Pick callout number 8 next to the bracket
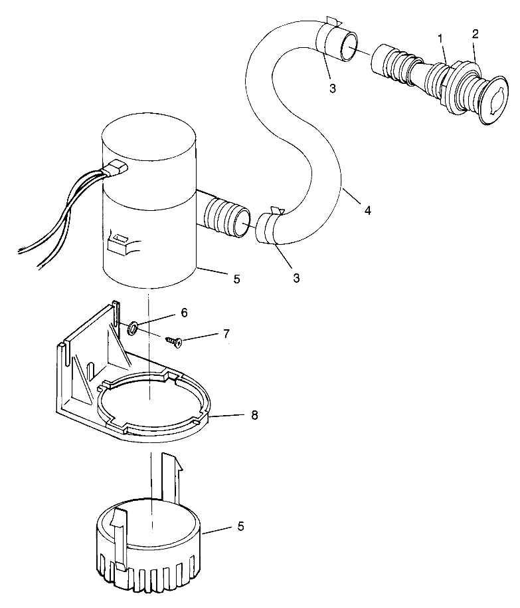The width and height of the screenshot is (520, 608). pos(254,415)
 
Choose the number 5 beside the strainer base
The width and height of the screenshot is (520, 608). pos(240,526)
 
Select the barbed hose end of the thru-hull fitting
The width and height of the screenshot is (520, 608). pos(392,63)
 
